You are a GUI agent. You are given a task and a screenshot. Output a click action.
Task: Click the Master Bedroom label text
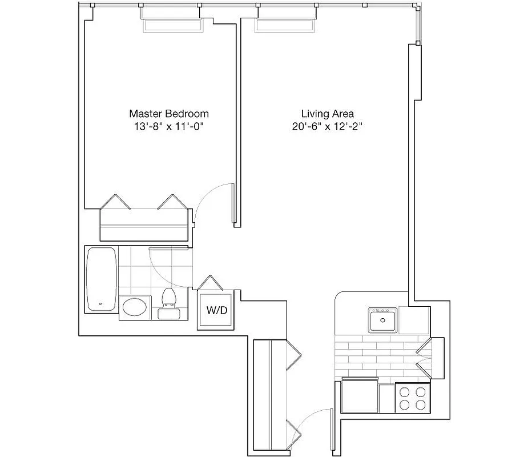168,114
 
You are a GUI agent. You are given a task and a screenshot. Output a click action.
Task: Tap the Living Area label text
327,114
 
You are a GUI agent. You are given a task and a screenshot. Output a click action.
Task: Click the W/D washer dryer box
216,311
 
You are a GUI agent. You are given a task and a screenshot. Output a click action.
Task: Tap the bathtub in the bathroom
102,279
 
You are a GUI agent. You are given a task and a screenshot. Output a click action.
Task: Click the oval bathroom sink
135,307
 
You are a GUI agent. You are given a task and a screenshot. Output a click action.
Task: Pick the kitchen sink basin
383,320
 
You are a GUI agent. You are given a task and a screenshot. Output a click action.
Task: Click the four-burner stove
412,398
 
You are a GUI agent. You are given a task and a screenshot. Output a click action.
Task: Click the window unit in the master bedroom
172,25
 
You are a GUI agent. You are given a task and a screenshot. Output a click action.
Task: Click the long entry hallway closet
269,394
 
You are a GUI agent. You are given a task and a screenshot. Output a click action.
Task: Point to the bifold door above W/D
209,283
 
